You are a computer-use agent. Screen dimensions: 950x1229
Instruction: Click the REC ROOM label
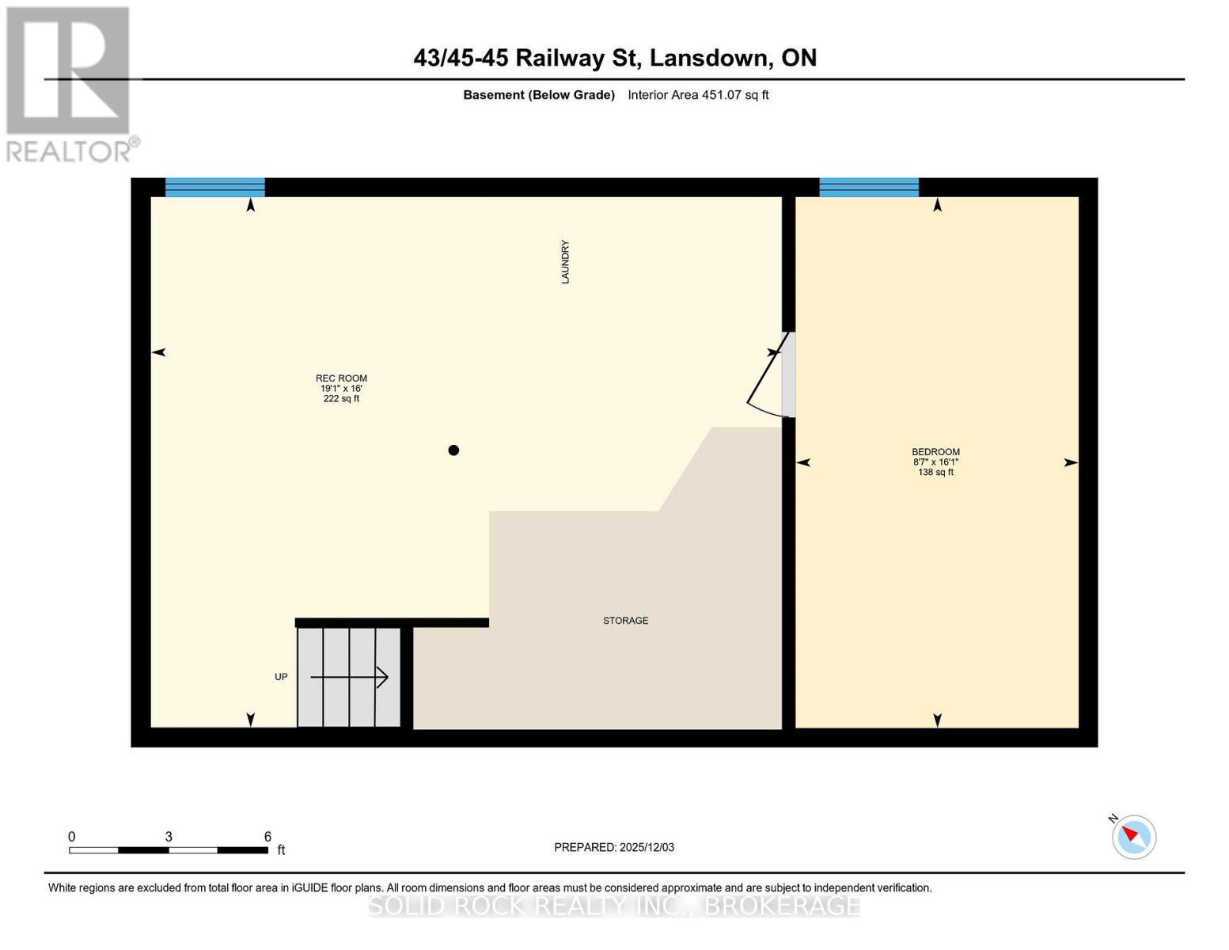pyautogui.click(x=341, y=378)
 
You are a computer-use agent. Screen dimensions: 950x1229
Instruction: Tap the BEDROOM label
pyautogui.click(x=935, y=452)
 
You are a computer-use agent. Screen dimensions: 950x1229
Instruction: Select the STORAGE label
pyautogui.click(x=625, y=621)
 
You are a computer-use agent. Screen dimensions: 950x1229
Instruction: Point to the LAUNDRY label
pyautogui.click(x=565, y=262)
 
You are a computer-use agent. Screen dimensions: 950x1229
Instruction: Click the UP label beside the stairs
pyautogui.click(x=281, y=677)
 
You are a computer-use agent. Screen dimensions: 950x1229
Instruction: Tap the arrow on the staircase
pyautogui.click(x=350, y=678)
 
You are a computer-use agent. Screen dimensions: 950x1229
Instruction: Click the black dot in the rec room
pyautogui.click(x=453, y=450)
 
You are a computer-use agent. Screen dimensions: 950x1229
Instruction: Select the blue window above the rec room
pyautogui.click(x=214, y=188)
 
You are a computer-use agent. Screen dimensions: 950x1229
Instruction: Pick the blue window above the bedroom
pyautogui.click(x=869, y=188)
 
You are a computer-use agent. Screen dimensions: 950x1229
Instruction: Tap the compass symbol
pyautogui.click(x=1134, y=837)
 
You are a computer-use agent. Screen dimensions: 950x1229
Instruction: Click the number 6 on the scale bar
pyautogui.click(x=267, y=837)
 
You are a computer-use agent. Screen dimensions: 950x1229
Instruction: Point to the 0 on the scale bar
pyautogui.click(x=72, y=837)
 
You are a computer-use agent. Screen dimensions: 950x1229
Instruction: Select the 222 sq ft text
pyautogui.click(x=341, y=399)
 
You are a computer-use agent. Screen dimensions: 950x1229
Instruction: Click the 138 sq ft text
pyautogui.click(x=935, y=473)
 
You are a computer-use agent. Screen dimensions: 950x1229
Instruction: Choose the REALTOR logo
pyautogui.click(x=70, y=84)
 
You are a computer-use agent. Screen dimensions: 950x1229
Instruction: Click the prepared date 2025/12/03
pyautogui.click(x=647, y=847)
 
